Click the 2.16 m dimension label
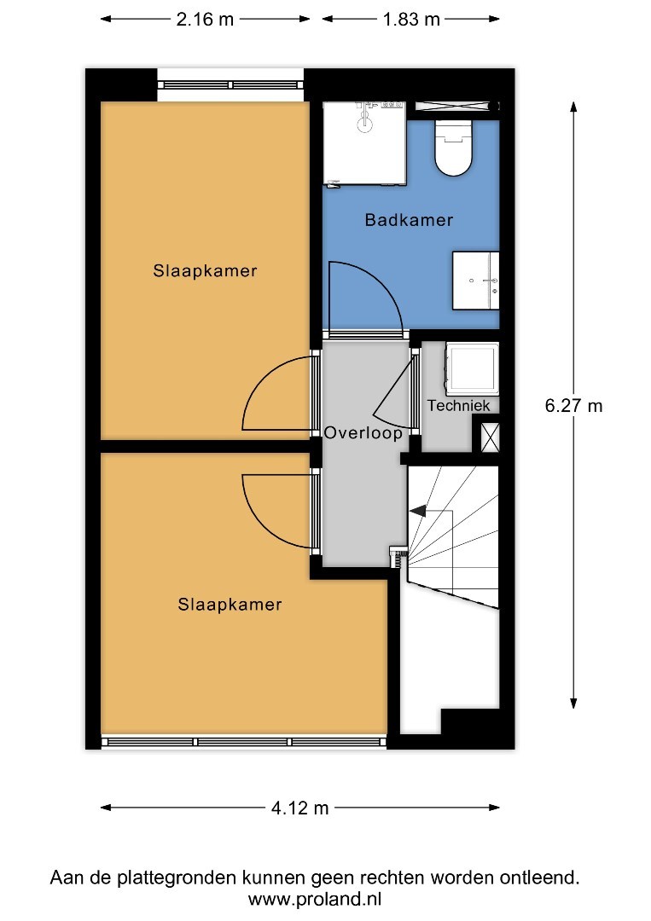(x=205, y=20)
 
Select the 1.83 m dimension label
(x=411, y=20)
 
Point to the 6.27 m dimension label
(x=573, y=406)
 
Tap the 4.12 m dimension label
(x=299, y=808)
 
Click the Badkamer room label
(x=409, y=220)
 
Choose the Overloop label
(x=363, y=433)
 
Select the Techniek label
(x=458, y=405)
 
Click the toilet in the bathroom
(x=454, y=148)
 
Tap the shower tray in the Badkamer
(x=365, y=144)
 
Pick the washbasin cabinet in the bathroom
(x=475, y=281)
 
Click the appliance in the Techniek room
(x=472, y=368)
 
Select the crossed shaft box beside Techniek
(x=490, y=437)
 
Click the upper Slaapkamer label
(x=205, y=271)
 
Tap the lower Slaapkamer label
(x=230, y=605)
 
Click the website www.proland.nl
(x=315, y=900)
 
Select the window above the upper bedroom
(x=230, y=84)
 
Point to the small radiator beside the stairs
(x=398, y=556)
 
